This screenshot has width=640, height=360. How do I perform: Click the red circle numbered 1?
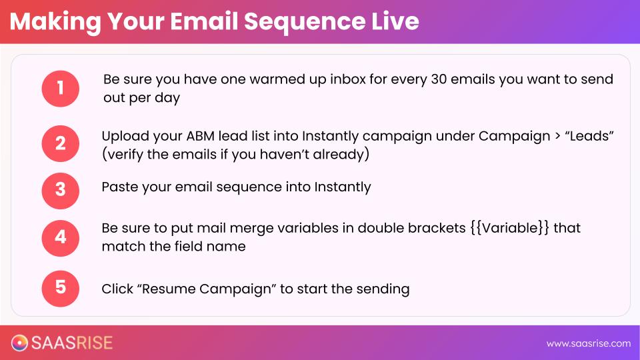(x=61, y=89)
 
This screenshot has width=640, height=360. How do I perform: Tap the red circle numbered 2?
(x=61, y=144)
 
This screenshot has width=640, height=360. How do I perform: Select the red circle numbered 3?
(x=61, y=191)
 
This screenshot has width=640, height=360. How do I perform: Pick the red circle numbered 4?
(x=61, y=238)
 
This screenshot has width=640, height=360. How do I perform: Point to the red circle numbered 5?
(x=61, y=288)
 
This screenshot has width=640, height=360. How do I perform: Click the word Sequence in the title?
(x=305, y=22)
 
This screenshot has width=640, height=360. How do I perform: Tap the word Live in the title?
(x=395, y=21)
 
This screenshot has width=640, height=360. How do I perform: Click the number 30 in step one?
(x=439, y=79)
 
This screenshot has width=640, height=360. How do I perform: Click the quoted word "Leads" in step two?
(x=589, y=135)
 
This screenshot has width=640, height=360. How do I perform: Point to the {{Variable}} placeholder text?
(x=509, y=228)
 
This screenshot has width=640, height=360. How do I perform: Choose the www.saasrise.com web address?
(x=589, y=344)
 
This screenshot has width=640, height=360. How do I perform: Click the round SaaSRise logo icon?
(x=19, y=343)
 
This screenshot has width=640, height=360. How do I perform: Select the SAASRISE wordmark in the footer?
(x=72, y=343)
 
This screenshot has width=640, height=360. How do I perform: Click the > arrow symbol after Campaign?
(x=557, y=136)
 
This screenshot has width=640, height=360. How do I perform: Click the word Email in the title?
(x=204, y=21)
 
